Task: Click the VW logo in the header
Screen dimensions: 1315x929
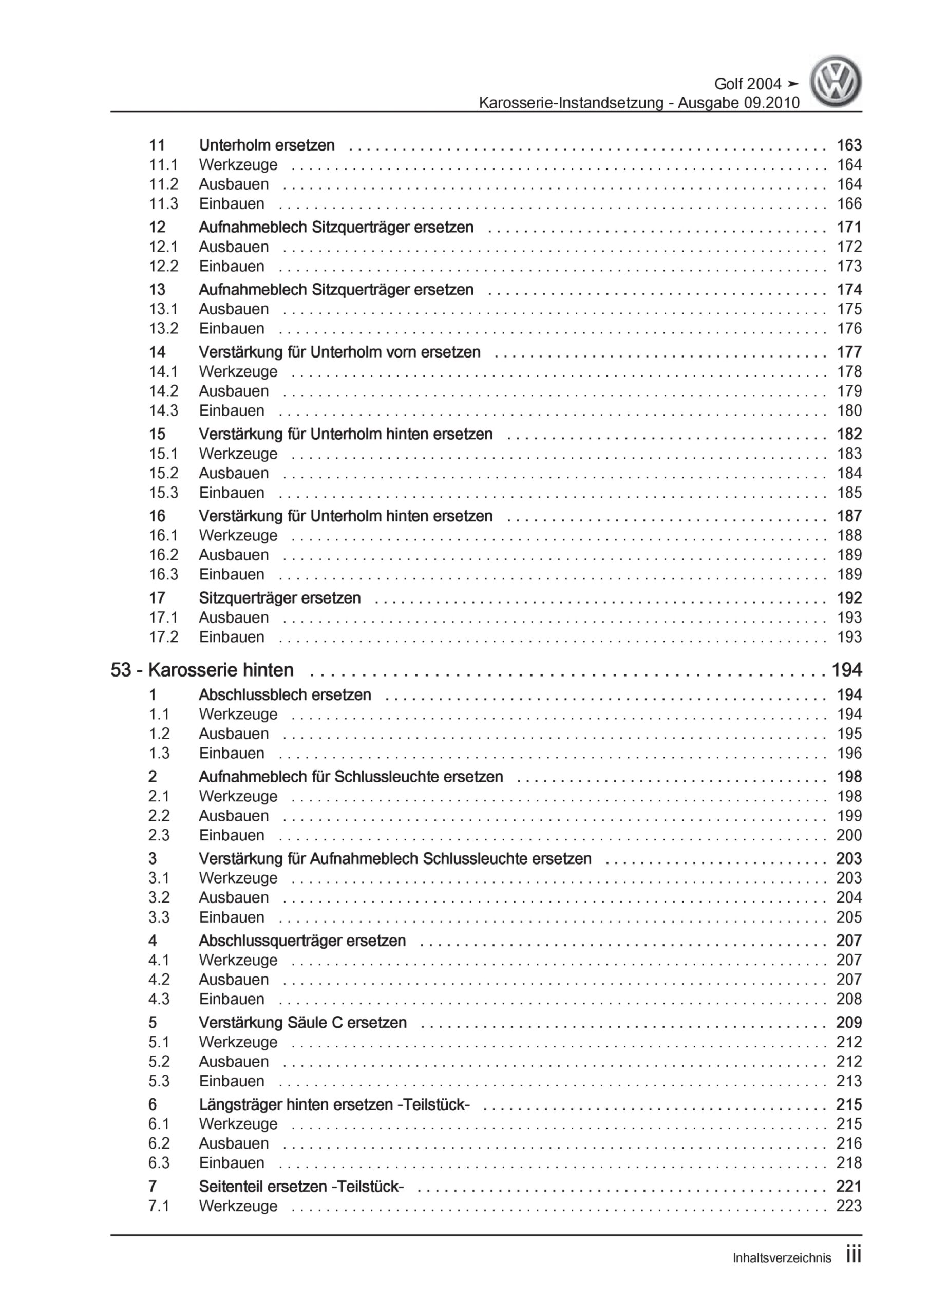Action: coord(836,82)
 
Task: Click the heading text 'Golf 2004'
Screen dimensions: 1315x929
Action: coord(747,84)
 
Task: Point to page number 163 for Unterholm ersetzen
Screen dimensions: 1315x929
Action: coord(849,145)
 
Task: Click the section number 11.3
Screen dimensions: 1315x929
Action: coord(164,203)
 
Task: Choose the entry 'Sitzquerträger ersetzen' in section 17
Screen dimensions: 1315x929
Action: coord(279,598)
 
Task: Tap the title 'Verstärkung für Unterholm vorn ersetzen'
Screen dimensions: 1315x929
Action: coord(339,352)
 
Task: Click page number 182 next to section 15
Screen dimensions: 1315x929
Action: coord(849,434)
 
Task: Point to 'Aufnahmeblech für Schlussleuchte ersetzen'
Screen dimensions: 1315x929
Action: coord(351,777)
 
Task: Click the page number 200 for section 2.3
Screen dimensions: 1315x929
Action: coord(849,835)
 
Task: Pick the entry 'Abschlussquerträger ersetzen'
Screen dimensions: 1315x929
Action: coord(302,941)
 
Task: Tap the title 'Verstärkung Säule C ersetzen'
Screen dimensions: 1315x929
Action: coord(302,1022)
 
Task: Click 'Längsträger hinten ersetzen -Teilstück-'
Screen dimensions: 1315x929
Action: coord(334,1104)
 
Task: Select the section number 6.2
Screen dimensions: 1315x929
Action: coord(159,1143)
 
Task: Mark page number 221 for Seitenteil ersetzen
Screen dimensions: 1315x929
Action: coord(849,1186)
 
